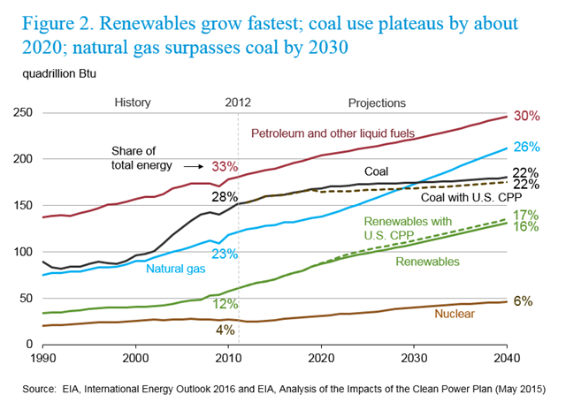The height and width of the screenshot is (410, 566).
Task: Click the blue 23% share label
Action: point(226,254)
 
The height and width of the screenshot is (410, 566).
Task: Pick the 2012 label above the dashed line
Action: point(240,102)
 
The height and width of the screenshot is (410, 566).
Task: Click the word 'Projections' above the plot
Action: point(378,102)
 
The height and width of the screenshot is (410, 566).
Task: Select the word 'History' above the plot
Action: point(134,102)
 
